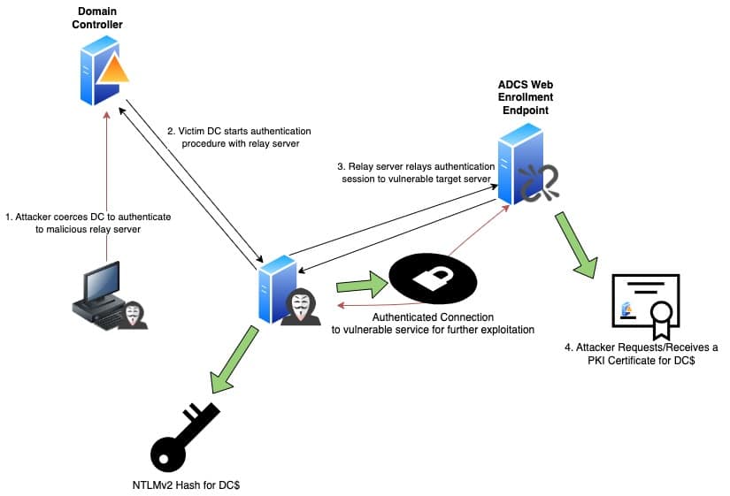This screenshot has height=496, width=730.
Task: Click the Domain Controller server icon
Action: [99, 71]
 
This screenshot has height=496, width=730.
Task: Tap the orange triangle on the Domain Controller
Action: [113, 70]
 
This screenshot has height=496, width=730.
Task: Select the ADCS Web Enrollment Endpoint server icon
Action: [520, 164]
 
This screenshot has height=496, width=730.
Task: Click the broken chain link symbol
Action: [540, 183]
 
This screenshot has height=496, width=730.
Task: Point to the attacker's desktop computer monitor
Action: [102, 281]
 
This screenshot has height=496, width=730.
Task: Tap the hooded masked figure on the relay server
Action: [301, 306]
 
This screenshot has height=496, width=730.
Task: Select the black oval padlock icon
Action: [433, 279]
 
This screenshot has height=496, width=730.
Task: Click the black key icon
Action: [184, 437]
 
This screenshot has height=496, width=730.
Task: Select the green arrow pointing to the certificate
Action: [576, 245]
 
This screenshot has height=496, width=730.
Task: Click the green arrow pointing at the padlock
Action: [362, 285]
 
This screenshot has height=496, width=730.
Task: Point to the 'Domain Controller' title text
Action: [97, 18]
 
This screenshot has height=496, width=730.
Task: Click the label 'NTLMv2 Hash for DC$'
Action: [186, 485]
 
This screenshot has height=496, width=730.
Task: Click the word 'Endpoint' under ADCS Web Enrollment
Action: [525, 111]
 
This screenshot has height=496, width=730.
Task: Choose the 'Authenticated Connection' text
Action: [433, 317]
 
